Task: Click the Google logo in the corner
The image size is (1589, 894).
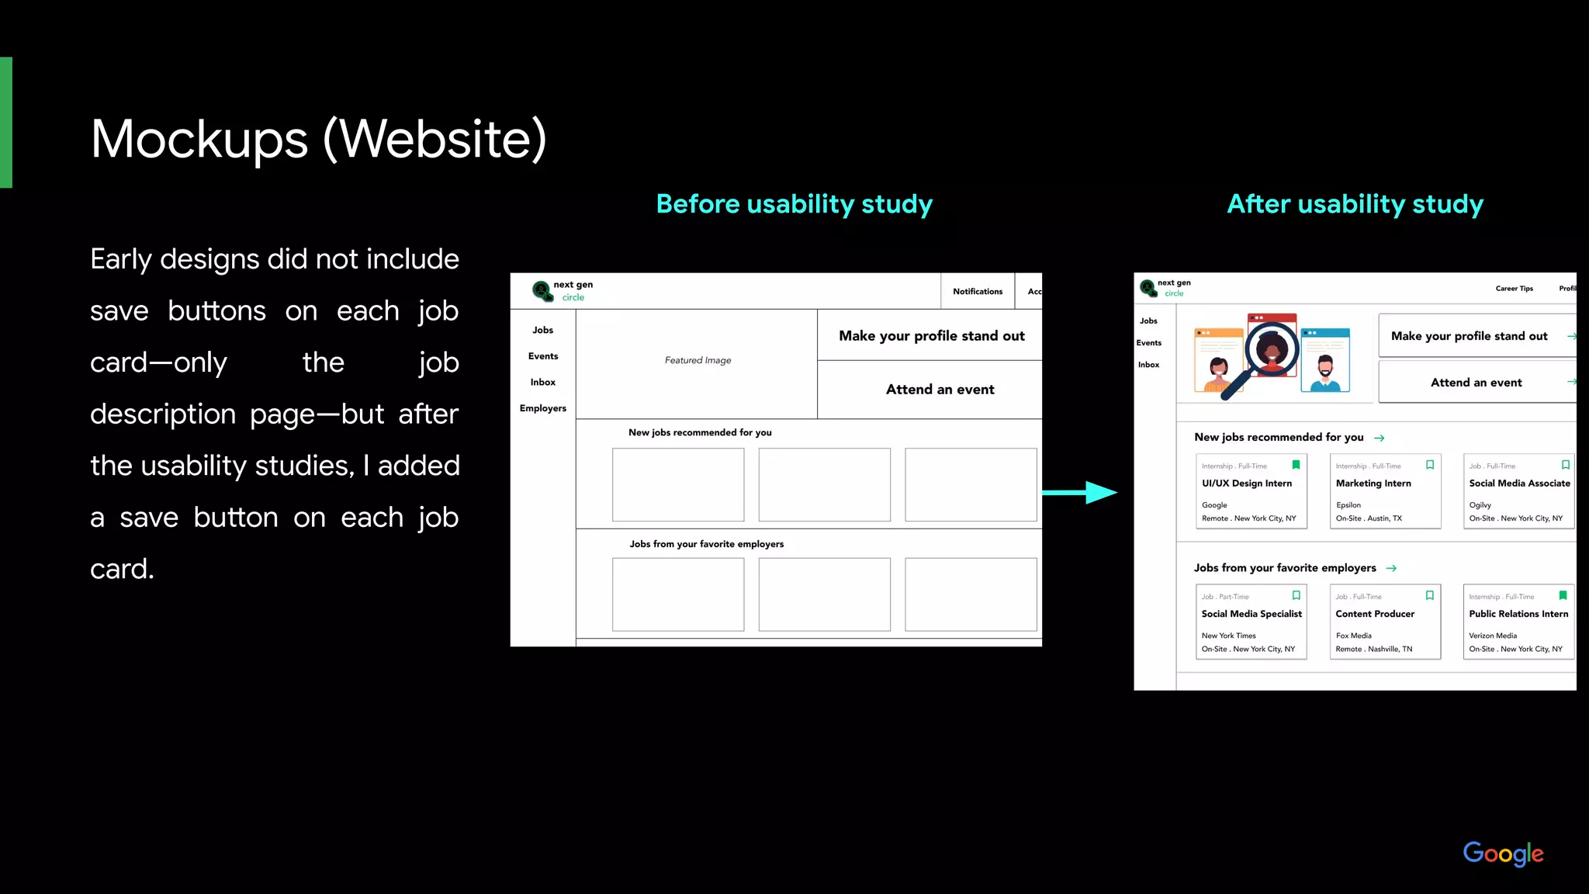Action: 1502,853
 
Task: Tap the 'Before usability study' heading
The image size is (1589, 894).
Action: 794,204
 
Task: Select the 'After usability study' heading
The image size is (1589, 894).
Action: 1355,204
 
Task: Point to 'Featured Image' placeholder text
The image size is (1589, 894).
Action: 698,360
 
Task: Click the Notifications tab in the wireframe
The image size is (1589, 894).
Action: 977,292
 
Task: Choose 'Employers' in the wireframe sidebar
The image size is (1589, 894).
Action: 542,408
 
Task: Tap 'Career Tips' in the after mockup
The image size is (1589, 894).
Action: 1514,289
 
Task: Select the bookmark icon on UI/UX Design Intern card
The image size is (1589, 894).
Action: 1296,465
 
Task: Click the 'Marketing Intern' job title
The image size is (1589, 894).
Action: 1373,483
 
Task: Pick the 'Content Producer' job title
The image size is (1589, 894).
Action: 1374,614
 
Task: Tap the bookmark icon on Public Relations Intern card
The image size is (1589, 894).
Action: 1563,595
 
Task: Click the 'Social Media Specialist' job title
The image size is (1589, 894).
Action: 1251,614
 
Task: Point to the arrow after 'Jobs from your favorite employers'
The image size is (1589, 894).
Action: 1391,568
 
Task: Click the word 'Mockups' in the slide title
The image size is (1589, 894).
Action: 199,140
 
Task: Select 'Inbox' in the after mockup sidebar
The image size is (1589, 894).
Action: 1148,365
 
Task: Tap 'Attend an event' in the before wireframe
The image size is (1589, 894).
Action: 940,390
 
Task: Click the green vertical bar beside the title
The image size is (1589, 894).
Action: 6,123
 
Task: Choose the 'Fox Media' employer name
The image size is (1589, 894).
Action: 1353,636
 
